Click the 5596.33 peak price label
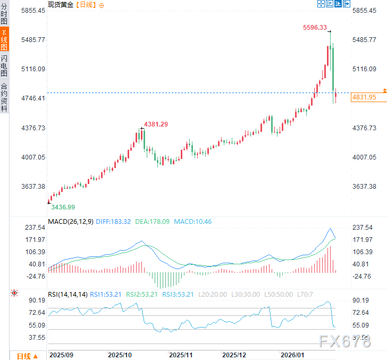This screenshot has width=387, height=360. pos(315,28)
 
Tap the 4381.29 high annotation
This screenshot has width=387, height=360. pos(156,124)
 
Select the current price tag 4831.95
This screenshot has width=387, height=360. pos(364,97)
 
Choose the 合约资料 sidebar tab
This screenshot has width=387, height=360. pos(4,97)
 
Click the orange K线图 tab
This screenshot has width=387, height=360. pos(4,40)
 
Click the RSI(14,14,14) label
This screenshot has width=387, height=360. pos(68,294)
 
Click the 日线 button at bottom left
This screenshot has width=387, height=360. pos(27,356)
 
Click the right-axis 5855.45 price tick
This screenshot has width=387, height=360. pos(364,11)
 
